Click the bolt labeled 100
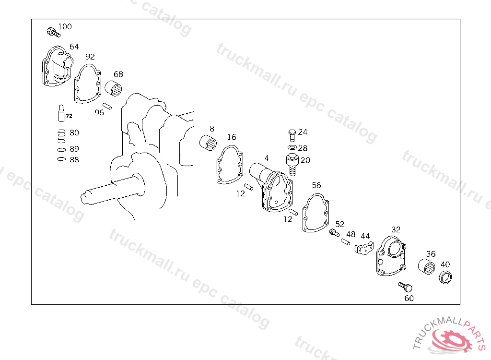[52, 33]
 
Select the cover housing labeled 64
[57, 67]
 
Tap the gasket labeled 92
[87, 84]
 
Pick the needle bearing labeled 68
[114, 88]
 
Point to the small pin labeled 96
[108, 106]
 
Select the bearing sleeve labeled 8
[208, 143]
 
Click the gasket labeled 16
[229, 165]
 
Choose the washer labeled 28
[292, 147]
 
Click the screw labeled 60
[406, 287]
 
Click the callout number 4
[267, 158]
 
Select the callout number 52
[339, 224]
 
